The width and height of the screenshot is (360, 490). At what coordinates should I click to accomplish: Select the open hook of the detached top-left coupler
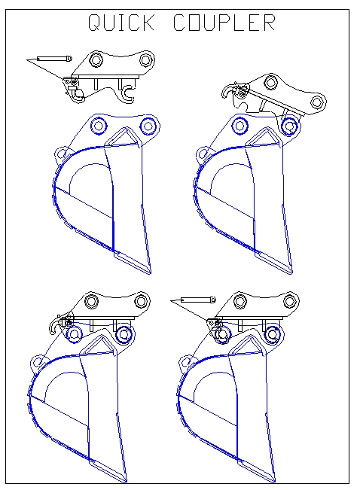(x=129, y=93)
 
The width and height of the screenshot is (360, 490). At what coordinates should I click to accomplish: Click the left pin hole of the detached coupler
(x=96, y=59)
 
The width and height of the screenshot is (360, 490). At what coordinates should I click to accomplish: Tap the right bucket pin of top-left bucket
(x=147, y=124)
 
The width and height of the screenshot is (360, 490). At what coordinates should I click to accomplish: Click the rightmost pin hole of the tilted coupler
(x=318, y=102)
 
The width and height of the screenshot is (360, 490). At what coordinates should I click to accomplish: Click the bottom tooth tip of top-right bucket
(x=288, y=269)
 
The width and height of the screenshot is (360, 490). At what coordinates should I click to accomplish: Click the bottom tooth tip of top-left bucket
(x=148, y=269)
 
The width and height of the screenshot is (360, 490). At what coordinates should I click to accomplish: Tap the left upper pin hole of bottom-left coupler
(x=92, y=302)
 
